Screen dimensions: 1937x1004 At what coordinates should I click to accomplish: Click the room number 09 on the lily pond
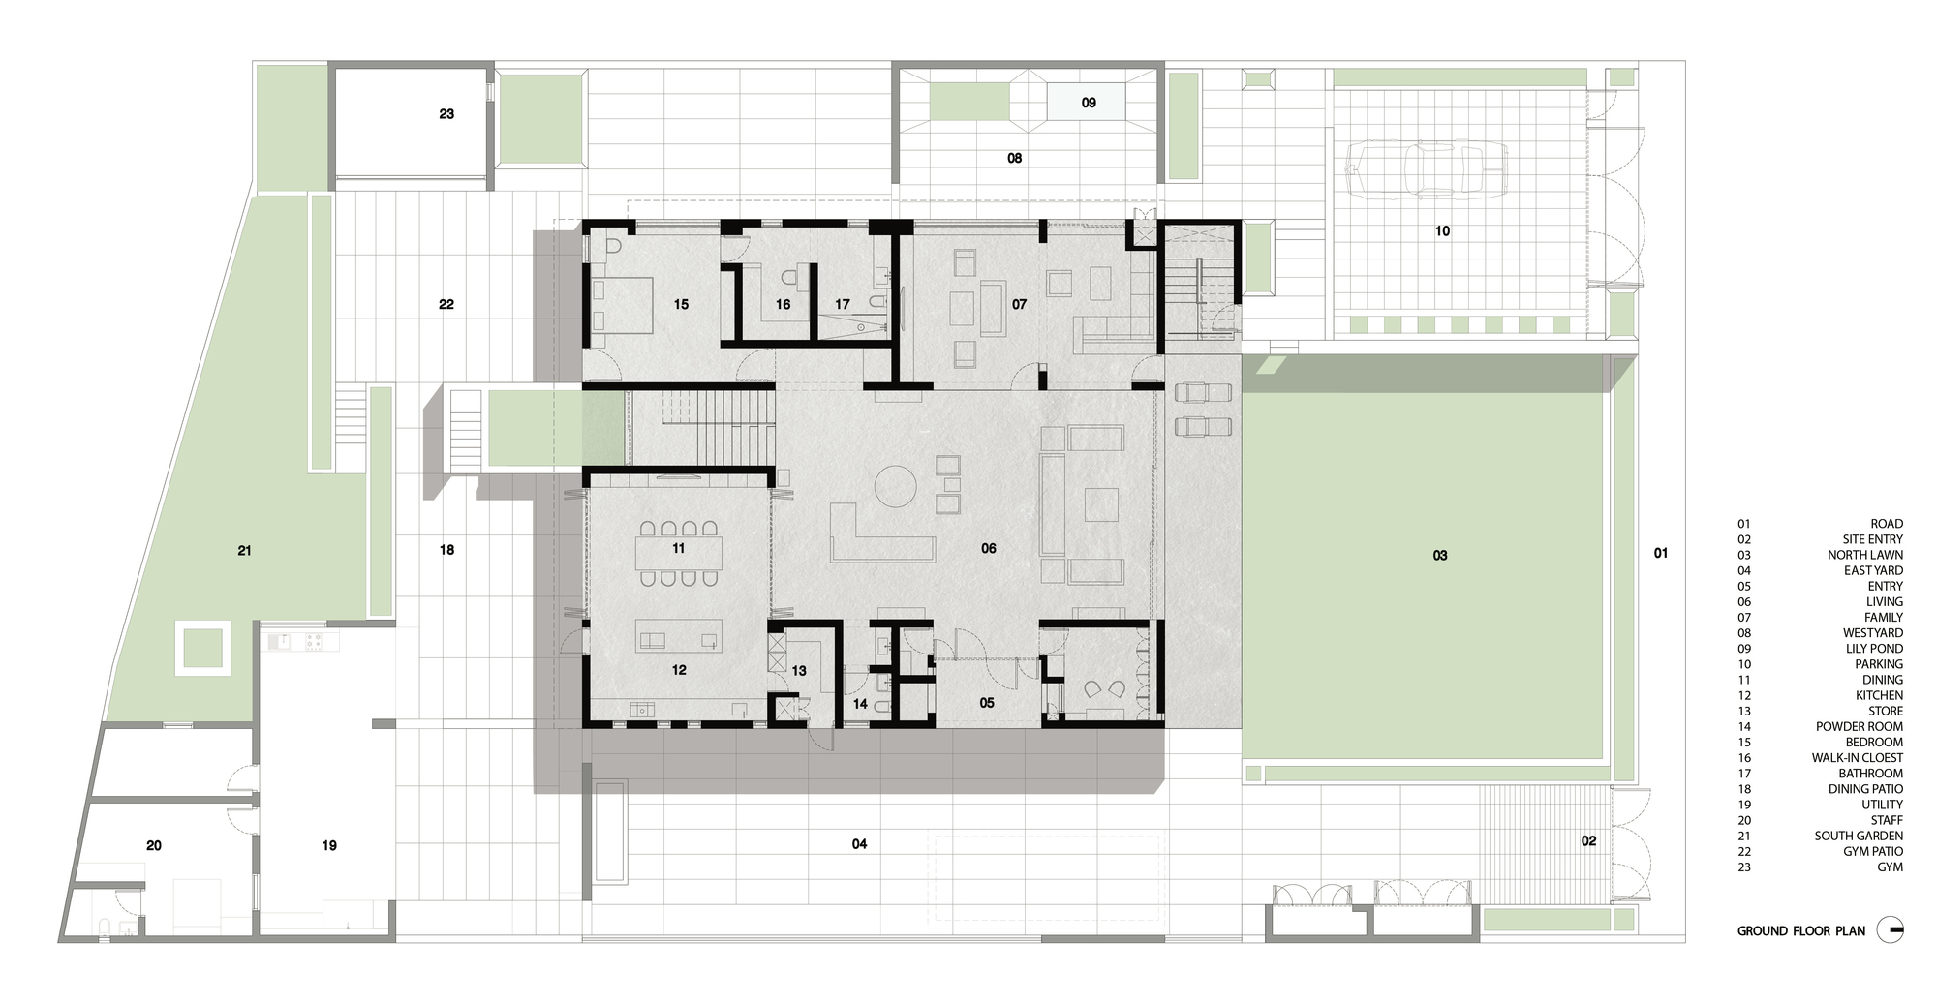coord(1089,103)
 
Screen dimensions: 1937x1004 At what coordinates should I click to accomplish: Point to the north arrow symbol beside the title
coord(1890,930)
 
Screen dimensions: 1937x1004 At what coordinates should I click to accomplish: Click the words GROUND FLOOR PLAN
coord(1800,931)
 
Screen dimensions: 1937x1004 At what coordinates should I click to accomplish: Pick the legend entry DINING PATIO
coord(1865,789)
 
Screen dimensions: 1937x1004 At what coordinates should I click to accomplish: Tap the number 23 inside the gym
coord(446,114)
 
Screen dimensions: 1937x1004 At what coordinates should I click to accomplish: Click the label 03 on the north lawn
coord(1440,556)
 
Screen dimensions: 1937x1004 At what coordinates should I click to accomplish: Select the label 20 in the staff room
coord(154,845)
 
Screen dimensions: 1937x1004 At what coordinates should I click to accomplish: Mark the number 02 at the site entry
coord(1588,841)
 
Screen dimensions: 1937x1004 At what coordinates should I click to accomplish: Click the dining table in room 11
coord(678,554)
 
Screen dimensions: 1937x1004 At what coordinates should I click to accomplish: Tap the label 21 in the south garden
coord(244,551)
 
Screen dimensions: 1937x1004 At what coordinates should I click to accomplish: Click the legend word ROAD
coord(1887,524)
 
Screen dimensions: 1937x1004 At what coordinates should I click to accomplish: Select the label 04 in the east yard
coord(859,844)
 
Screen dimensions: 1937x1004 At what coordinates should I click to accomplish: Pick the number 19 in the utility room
coord(329,846)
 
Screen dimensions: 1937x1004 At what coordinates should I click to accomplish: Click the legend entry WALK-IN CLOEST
coord(1858,758)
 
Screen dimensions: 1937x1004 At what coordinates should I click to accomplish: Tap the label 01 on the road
coord(1661,554)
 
